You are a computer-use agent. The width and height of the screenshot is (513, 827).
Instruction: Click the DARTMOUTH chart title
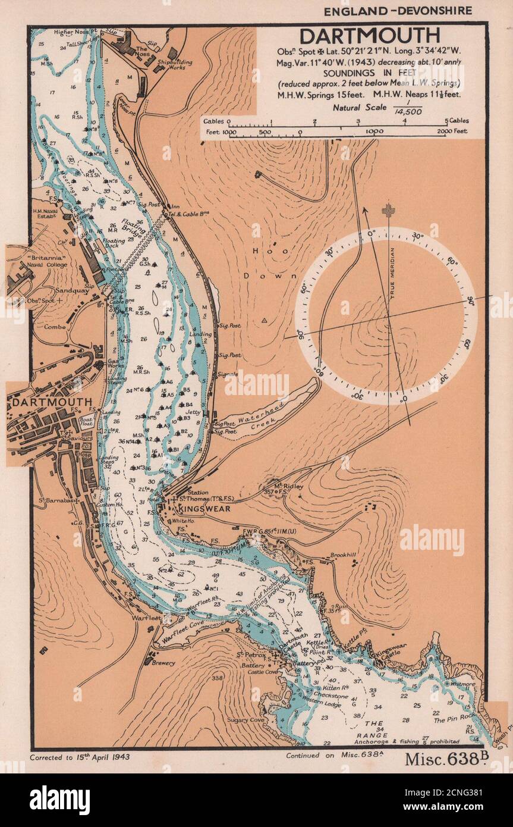pyautogui.click(x=369, y=35)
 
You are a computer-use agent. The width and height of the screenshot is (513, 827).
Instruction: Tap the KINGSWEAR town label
pyautogui.click(x=202, y=509)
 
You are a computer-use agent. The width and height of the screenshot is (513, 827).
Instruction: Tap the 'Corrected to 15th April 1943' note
pyautogui.click(x=79, y=757)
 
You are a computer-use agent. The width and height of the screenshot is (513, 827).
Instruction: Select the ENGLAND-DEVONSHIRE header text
pyautogui.click(x=398, y=11)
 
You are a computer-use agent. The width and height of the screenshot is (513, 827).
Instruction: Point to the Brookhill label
pyautogui.click(x=343, y=555)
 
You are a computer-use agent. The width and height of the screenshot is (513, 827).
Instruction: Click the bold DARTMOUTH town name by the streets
pyautogui.click(x=51, y=402)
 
